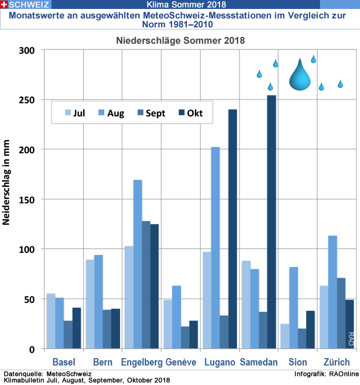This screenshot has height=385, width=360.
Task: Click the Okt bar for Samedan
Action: point(272,222)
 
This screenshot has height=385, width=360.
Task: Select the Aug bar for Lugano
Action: point(215,248)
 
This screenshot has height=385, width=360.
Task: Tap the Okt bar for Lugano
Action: point(233,229)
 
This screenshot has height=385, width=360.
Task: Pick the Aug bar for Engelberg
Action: point(137,264)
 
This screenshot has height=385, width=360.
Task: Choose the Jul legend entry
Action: point(75,113)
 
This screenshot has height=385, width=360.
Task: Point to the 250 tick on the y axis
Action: point(28,100)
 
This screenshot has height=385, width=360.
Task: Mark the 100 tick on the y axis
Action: point(28,249)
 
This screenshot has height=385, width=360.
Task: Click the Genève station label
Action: point(181,362)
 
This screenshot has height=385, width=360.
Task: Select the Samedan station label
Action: point(258,362)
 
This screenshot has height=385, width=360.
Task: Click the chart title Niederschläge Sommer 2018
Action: point(181,40)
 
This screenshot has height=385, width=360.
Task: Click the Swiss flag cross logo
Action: point(4,5)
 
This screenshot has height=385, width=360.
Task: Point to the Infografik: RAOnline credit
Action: point(327,374)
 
